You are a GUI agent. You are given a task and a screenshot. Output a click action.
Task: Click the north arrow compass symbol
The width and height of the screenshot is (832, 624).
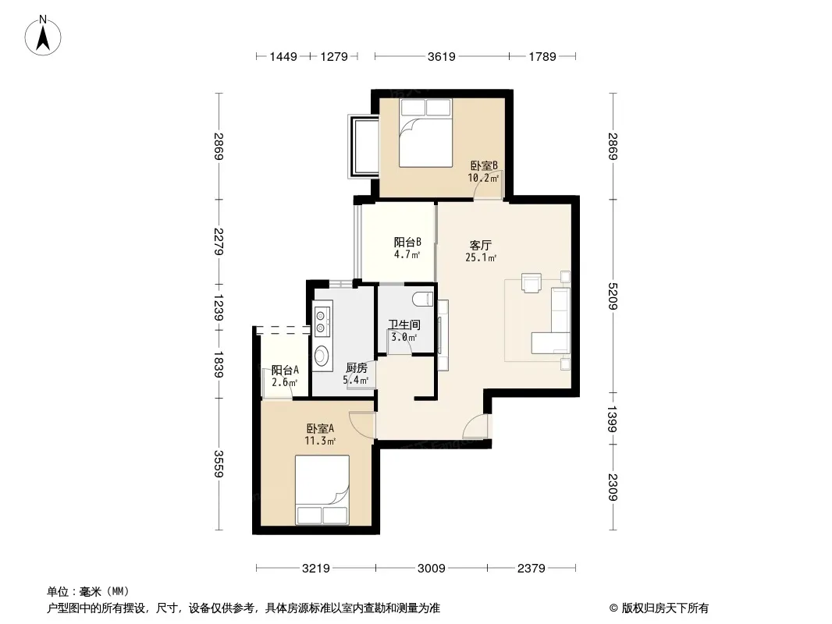coord(43,36)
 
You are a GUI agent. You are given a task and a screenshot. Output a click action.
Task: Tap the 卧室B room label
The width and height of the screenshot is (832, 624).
coord(484,165)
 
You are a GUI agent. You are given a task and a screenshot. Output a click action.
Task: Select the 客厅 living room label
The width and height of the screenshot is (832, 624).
coord(480,245)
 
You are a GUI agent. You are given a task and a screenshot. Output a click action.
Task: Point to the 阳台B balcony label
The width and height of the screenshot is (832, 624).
coord(407,243)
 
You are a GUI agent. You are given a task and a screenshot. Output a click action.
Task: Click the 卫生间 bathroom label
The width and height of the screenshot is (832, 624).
coord(404,324)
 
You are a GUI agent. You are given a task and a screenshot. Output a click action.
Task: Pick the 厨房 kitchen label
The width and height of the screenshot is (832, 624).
coord(356,367)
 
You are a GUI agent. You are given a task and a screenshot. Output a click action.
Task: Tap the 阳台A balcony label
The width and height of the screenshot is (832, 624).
coord(285,370)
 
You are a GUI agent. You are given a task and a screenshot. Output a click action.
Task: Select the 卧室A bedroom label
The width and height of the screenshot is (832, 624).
coord(320,428)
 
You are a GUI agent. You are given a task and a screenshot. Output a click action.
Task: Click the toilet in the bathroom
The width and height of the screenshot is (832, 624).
coord(424,299)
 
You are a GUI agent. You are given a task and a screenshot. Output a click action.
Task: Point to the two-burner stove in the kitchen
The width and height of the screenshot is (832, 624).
coord(321,322)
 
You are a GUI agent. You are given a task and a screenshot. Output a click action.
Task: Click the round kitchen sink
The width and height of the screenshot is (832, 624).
coord(321,355)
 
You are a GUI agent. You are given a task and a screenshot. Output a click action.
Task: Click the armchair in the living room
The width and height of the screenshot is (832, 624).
coord(532,282)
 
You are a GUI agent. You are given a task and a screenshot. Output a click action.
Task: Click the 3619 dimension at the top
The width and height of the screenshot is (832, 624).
coord(442,56)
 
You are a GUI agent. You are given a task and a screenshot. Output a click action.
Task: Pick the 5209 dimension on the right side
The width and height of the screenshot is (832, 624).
coord(613,296)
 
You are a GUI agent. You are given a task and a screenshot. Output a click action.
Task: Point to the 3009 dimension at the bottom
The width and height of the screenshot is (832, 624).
coord(432,569)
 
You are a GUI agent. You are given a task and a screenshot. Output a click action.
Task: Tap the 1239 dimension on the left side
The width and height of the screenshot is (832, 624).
coord(218,308)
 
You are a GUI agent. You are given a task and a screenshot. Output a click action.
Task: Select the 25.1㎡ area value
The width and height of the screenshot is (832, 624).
coord(481,257)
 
